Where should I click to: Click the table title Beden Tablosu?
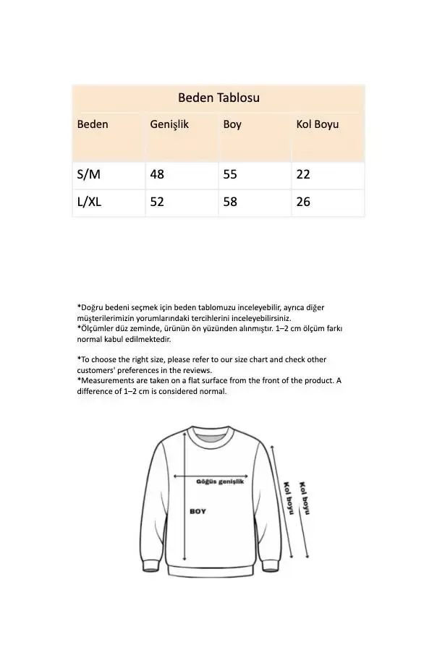click(x=218, y=98)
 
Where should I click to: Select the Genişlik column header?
click(x=169, y=124)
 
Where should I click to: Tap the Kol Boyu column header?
click(x=317, y=124)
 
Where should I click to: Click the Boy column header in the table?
click(x=232, y=124)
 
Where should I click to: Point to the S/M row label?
click(x=89, y=174)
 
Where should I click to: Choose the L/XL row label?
click(x=90, y=202)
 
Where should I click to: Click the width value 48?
click(x=157, y=174)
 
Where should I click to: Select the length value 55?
click(x=230, y=174)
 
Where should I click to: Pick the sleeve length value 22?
click(x=303, y=174)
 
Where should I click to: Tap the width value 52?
click(x=157, y=202)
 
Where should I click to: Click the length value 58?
click(x=230, y=202)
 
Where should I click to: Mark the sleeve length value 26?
click(x=303, y=202)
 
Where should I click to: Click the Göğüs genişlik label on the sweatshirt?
click(x=221, y=480)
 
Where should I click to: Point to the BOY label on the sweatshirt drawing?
click(x=198, y=511)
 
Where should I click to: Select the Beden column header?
click(x=93, y=124)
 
